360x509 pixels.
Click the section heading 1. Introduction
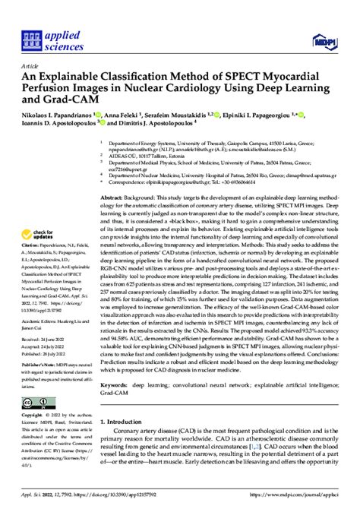coord(129,422)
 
